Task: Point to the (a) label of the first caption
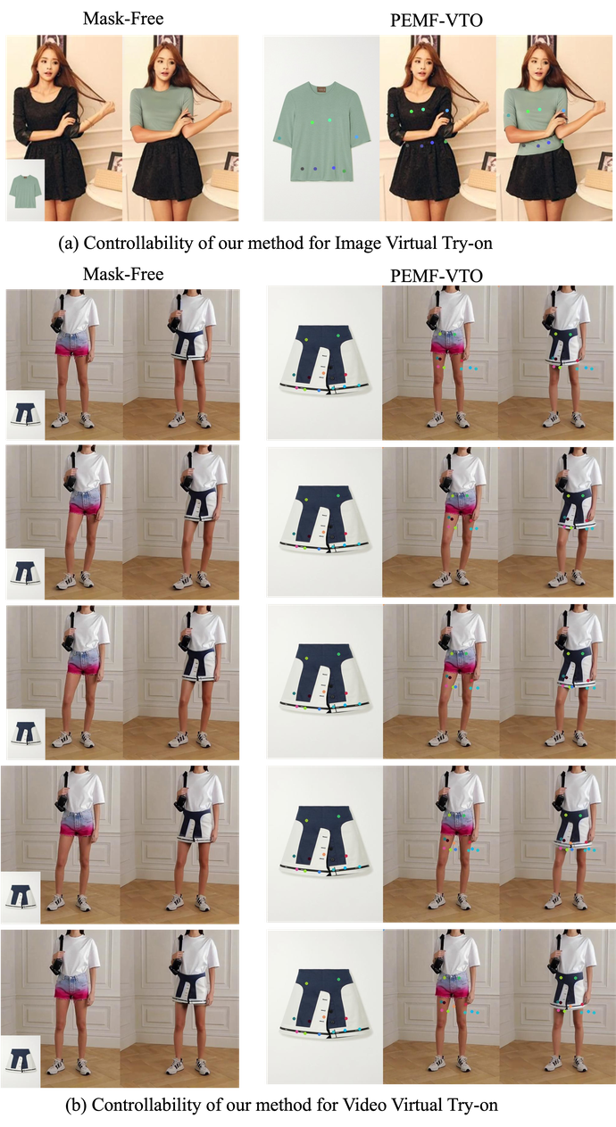(x=68, y=244)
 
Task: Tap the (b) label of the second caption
(x=76, y=1105)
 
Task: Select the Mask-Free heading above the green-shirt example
(x=123, y=19)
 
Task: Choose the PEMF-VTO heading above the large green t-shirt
(x=437, y=21)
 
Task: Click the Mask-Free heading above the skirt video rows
(x=123, y=274)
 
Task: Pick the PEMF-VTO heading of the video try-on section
(x=437, y=276)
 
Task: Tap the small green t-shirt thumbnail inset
(x=25, y=190)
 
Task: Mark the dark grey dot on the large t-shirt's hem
(x=302, y=169)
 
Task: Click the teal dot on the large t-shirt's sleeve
(x=279, y=137)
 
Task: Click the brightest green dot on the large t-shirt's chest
(x=312, y=121)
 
